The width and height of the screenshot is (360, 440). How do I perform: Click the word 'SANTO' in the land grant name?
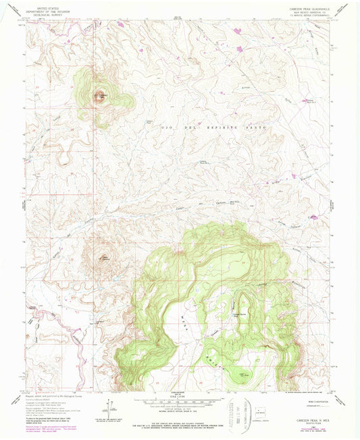(257, 128)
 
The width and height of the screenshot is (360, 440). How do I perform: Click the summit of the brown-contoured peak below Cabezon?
(103, 256)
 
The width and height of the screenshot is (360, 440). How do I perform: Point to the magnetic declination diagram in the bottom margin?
(106, 409)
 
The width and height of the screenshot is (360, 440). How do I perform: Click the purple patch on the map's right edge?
(313, 217)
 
